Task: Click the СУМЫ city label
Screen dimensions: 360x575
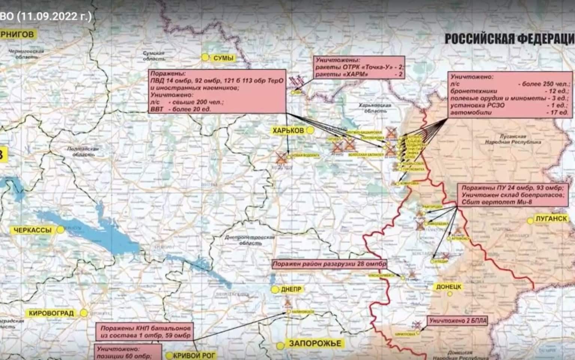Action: tap(223, 58)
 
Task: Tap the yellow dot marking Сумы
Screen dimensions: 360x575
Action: tap(205, 57)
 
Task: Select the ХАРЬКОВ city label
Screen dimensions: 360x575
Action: tap(288, 130)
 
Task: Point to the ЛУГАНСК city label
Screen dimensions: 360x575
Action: tap(551, 219)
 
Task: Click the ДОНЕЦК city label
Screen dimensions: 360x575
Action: tap(448, 287)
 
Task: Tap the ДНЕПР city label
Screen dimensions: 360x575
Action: tap(291, 289)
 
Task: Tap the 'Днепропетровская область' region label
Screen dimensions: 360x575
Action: tap(250, 240)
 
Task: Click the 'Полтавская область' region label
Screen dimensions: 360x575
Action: tap(82, 151)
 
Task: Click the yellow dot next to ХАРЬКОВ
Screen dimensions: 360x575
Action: tap(310, 130)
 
